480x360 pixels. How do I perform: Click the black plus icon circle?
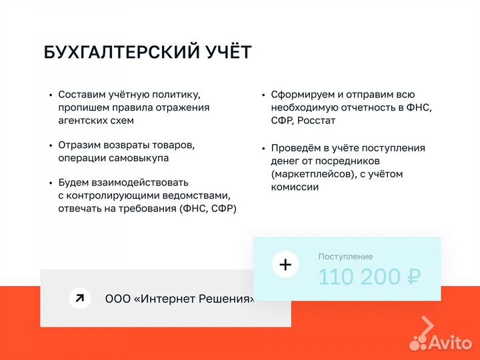(x=285, y=265)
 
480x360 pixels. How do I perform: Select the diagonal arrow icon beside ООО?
(x=79, y=298)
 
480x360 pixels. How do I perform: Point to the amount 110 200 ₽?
(x=369, y=277)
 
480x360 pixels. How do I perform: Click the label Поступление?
(x=345, y=257)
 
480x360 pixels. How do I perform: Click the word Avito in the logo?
(x=451, y=342)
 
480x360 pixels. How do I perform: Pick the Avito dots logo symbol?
(x=418, y=343)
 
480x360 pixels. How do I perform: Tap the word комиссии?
(x=295, y=187)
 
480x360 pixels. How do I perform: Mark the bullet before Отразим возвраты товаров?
(x=51, y=145)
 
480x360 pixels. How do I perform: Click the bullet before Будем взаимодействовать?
(x=51, y=183)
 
